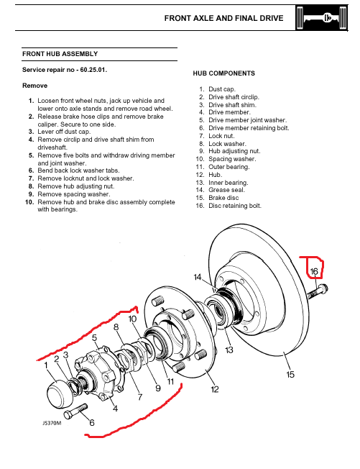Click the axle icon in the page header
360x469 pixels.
click(321, 18)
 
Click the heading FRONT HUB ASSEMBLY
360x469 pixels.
click(60, 54)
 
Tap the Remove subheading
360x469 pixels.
click(34, 86)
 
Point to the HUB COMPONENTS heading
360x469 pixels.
click(223, 73)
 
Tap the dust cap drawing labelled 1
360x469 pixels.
click(60, 394)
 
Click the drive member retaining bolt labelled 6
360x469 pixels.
click(76, 411)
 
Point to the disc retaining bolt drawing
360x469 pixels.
click(318, 291)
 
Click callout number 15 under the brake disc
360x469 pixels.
click(290, 375)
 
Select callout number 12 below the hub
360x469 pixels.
click(215, 389)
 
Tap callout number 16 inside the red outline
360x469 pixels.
click(314, 271)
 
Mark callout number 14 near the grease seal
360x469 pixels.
click(198, 277)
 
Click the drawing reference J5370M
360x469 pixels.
click(52, 423)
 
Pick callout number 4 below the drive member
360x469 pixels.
click(115, 408)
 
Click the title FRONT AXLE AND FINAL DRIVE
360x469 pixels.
click(223, 18)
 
